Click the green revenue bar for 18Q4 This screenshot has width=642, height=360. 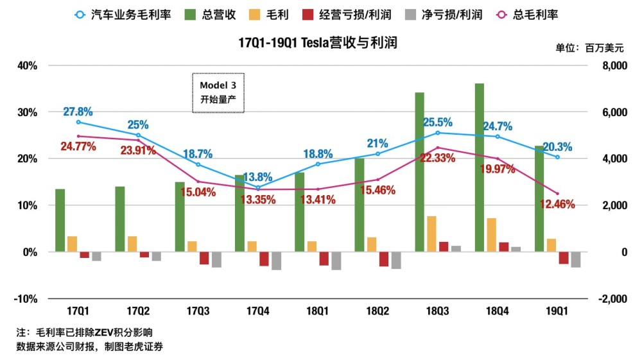pos(480,167)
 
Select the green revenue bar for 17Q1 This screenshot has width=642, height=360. pos(60,220)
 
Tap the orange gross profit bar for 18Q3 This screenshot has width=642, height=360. pos(431,234)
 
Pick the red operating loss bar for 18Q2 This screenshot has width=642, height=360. pos(384,259)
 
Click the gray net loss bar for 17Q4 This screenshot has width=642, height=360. pos(276,261)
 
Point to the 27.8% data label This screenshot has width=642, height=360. pos(78,112)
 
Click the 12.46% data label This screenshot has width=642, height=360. pos(557,204)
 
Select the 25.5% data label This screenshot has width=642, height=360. pos(438,123)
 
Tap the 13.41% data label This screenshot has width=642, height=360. pos(318,200)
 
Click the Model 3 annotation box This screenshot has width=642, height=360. pos(218,93)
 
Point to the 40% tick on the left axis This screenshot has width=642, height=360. pos(28,65)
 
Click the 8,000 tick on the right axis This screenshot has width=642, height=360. pos(614,65)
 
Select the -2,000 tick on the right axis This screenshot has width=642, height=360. pos(613,299)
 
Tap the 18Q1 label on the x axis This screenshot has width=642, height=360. pos(318,311)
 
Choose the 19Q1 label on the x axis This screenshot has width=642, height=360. pos(557,311)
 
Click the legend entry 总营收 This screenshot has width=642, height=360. pos(211,15)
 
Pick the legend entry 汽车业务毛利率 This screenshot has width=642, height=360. pos(123,15)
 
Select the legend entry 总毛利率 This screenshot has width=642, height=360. pos(527,15)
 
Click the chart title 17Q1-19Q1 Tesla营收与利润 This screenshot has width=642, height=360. pos(318,42)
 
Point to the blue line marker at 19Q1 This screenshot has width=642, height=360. pos(557,157)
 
